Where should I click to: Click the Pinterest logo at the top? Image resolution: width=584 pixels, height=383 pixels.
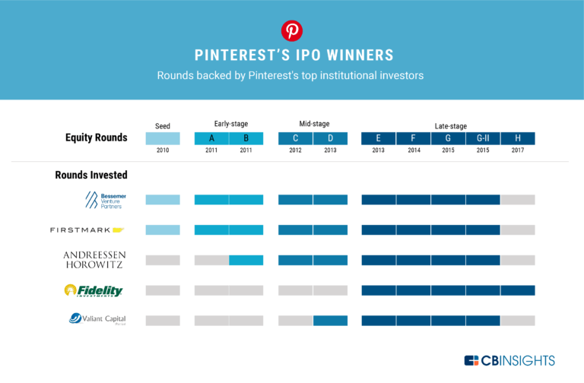pos(292,30)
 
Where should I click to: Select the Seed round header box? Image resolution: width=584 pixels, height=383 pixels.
pos(163,138)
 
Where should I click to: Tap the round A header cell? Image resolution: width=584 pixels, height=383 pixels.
pos(211,138)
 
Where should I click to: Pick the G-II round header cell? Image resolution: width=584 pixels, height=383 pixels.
pos(483,138)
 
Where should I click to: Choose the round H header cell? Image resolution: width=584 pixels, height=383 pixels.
pos(518,138)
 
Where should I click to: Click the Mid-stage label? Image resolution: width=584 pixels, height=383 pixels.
pos(313,124)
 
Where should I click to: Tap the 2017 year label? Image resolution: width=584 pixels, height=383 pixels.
pos(518,151)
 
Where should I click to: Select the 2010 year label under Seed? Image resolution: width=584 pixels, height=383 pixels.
pos(163,151)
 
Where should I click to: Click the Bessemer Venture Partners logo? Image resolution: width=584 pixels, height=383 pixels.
pos(106,200)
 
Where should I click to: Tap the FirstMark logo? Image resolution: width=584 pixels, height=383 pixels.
pos(87,229)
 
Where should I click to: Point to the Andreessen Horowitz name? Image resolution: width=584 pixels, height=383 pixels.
pos(94,260)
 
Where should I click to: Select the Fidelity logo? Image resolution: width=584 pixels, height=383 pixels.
pos(94,290)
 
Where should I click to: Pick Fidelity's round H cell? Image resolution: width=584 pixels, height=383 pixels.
pos(518,290)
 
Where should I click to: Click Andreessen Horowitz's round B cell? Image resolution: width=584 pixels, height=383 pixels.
pos(246,260)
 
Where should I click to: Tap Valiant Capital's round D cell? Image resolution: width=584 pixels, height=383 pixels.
pos(330,320)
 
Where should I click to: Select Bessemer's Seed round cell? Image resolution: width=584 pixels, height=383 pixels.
pos(163,200)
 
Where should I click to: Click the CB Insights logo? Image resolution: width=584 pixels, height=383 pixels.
pos(509,360)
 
